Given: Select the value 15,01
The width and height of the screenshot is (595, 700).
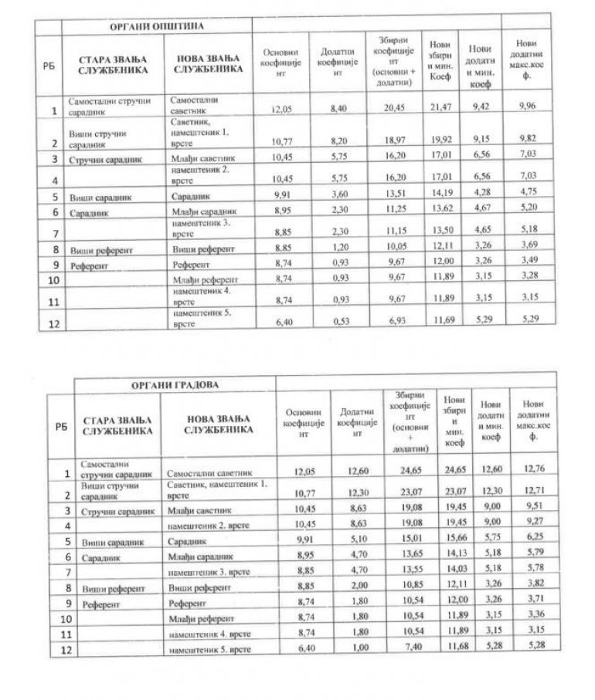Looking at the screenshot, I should [407, 542].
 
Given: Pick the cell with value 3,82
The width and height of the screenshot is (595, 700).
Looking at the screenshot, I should [538, 587].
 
